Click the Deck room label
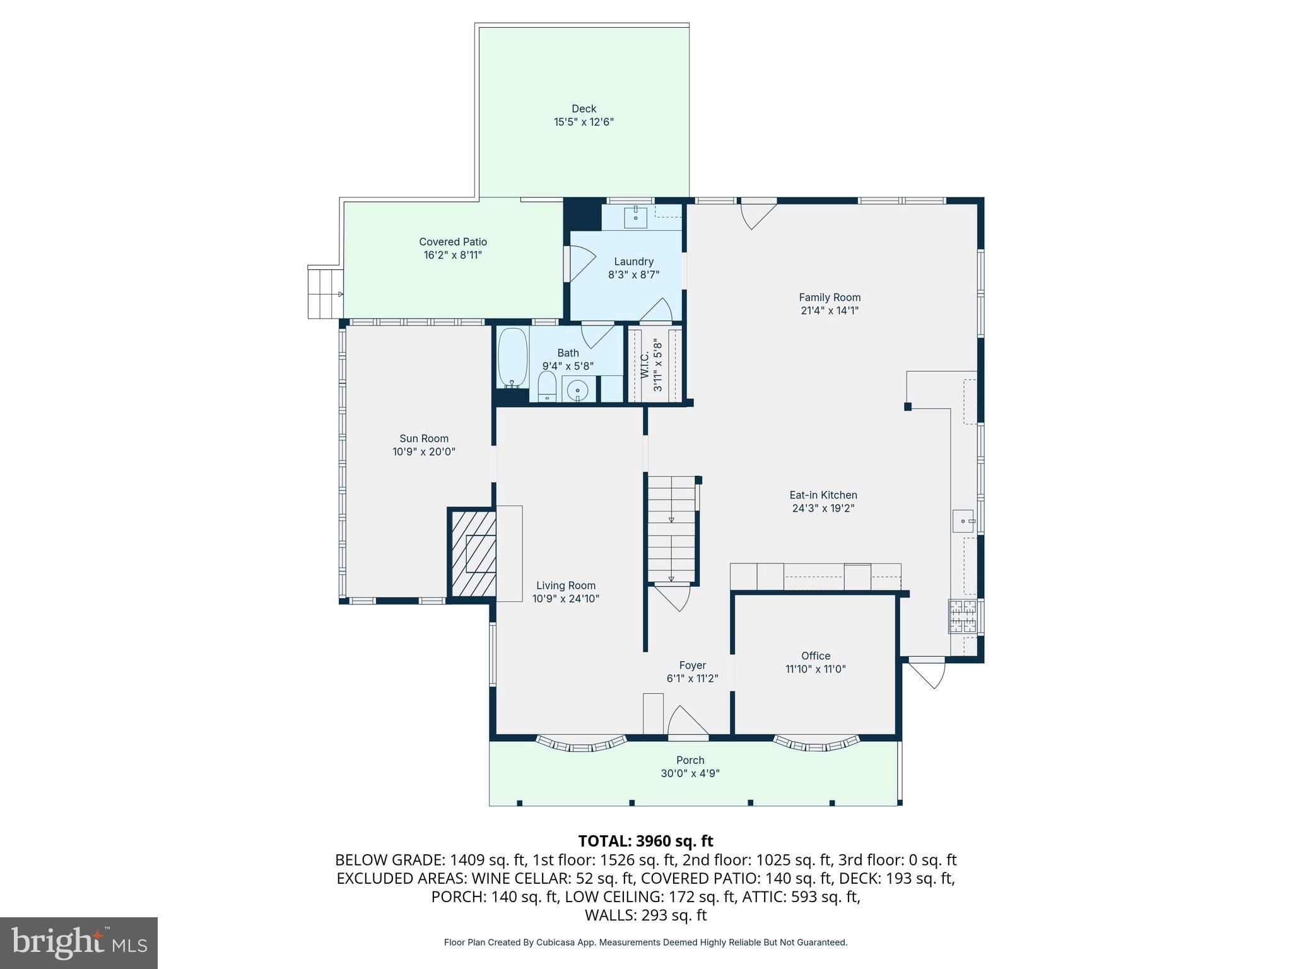click(x=584, y=109)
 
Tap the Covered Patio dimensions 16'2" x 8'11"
click(x=453, y=255)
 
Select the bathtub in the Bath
click(x=512, y=358)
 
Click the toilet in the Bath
click(x=546, y=386)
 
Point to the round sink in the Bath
click(x=577, y=391)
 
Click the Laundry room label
click(x=633, y=261)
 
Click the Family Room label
click(x=829, y=297)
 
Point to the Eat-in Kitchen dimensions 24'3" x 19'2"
click(x=823, y=508)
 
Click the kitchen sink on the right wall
click(x=963, y=521)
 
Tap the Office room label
click(x=815, y=655)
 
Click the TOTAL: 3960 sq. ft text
click(x=645, y=841)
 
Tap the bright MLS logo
click(x=79, y=943)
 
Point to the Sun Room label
click(x=423, y=438)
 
